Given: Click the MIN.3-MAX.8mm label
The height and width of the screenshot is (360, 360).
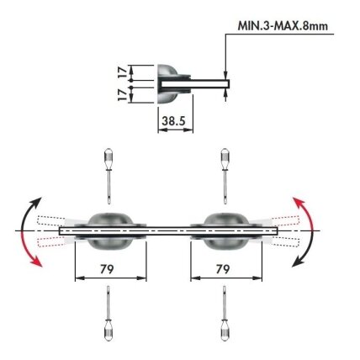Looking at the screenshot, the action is tap(283, 26).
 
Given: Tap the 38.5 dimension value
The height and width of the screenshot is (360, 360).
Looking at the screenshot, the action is tap(174, 121).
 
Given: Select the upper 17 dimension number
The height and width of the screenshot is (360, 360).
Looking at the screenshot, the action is tap(123, 72).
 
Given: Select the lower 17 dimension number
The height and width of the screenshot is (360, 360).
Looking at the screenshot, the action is tap(123, 95).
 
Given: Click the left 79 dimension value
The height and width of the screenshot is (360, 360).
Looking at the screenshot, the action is tap(107, 269).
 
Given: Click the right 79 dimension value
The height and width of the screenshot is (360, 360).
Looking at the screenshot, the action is tap(223, 269).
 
